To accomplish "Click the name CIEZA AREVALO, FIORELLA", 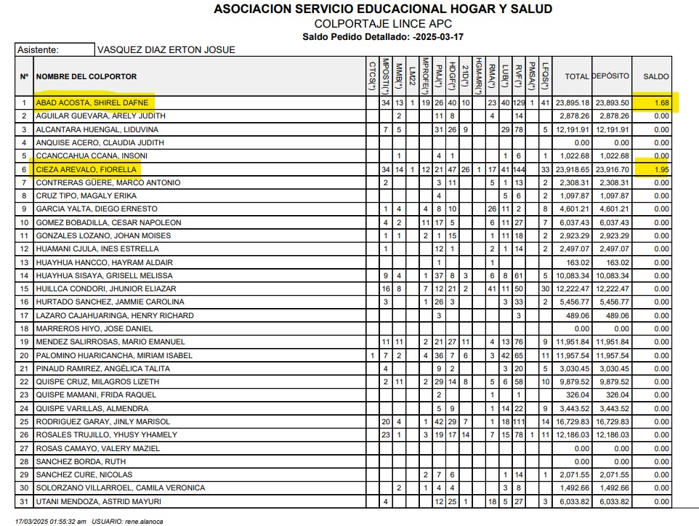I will (86, 169).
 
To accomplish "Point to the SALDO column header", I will (655, 76).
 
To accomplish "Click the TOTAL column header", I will (577, 76).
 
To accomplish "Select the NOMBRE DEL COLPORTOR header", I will (86, 76).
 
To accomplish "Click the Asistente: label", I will (39, 50).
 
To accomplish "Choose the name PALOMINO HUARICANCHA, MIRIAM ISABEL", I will (114, 355).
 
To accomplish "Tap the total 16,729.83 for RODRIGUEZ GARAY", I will (573, 421).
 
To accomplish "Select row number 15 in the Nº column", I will (25, 289).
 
